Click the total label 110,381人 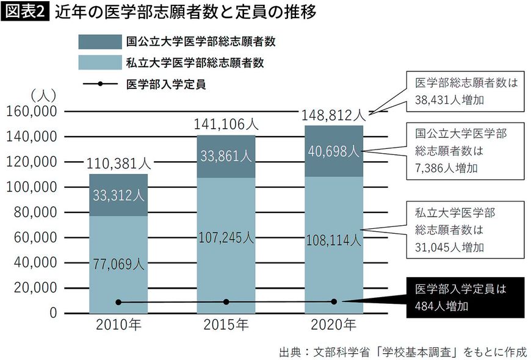pyautogui.click(x=118, y=164)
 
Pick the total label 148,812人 pyautogui.click(x=333, y=115)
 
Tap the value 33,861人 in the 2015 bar pyautogui.click(x=226, y=156)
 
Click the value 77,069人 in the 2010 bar pyautogui.click(x=118, y=264)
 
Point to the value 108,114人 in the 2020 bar pyautogui.click(x=333, y=240)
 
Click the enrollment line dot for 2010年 pyautogui.click(x=118, y=302)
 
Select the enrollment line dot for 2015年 pyautogui.click(x=226, y=302)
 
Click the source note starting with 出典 pyautogui.click(x=403, y=351)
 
